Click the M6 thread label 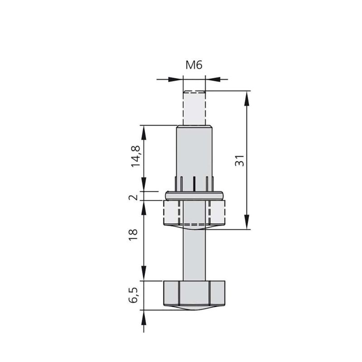[194, 65]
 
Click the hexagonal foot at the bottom [194, 293]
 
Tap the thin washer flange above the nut [194, 195]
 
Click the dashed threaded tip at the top [194, 108]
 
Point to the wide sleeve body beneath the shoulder [194, 152]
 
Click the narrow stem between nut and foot [194, 253]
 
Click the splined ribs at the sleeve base [194, 184]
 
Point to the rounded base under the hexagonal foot [194, 308]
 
